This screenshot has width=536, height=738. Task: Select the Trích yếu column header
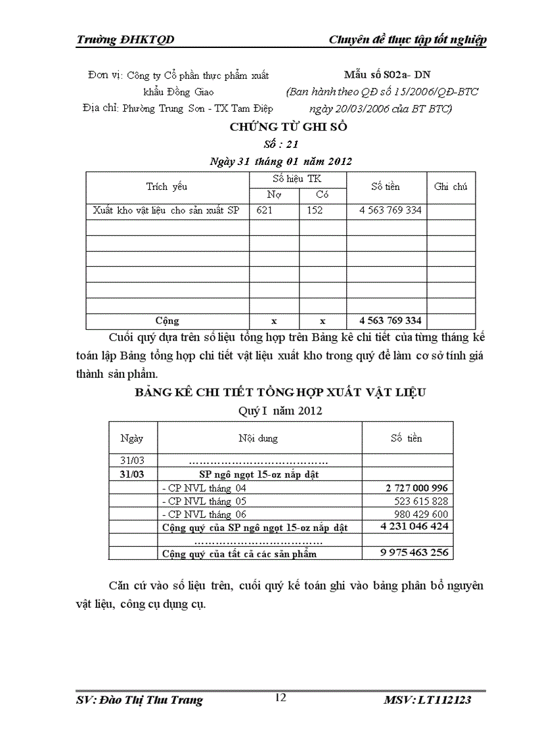coord(166,187)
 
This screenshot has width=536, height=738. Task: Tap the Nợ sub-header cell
coord(273,195)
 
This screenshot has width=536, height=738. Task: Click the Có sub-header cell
coord(322,195)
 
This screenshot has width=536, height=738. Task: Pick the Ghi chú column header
coord(451,187)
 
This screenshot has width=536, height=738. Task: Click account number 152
coord(315,211)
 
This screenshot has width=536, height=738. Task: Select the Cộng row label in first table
coord(167,321)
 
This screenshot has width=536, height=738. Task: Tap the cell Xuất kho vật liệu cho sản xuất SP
coord(166,211)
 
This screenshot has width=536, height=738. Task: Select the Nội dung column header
coord(258,438)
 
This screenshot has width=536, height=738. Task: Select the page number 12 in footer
coord(280,698)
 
